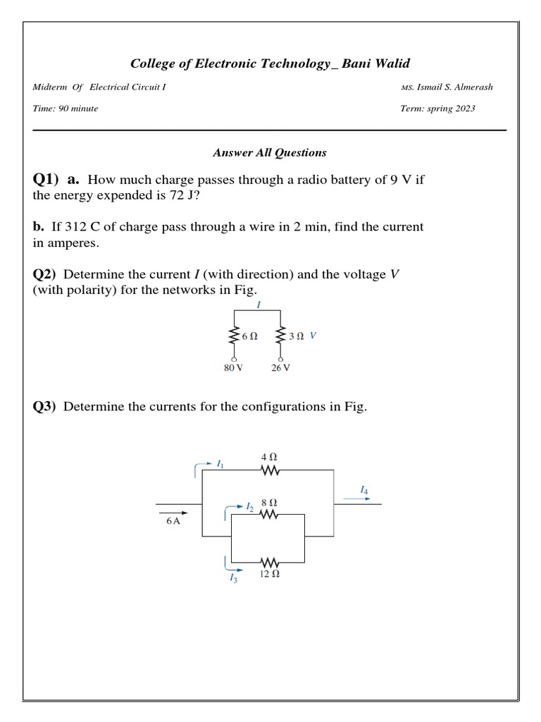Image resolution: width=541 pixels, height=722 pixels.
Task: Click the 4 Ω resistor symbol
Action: coord(270,470)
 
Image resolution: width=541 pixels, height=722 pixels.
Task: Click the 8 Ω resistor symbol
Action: coord(269,515)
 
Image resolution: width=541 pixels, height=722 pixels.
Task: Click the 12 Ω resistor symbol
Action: coord(269,563)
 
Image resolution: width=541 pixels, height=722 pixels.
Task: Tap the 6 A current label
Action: coord(173,521)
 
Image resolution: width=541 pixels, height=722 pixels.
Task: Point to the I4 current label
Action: coord(363,489)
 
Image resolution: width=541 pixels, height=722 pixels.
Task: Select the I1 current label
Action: coord(220,463)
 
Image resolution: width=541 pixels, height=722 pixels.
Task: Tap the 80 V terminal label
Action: coord(233,368)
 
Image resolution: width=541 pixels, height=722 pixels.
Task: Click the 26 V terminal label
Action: coord(281,368)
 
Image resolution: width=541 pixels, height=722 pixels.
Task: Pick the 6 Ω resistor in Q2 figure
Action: coord(233,336)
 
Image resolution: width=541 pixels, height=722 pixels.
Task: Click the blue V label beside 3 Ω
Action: coord(313,336)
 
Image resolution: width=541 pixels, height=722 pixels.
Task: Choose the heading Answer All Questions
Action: coord(270,152)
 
